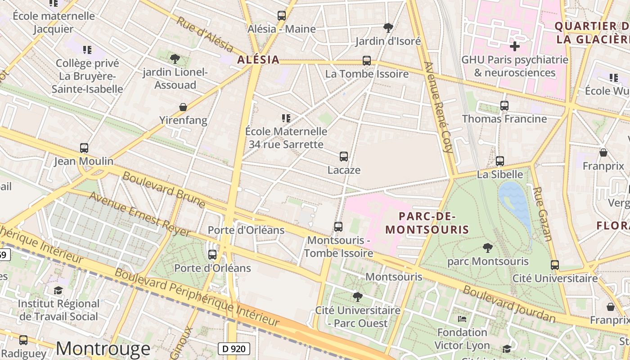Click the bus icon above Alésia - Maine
tap(282, 16)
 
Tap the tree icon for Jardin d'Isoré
tap(388, 28)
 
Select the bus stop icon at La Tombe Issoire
tap(367, 61)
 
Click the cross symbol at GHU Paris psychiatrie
tap(515, 46)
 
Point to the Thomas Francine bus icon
tap(504, 106)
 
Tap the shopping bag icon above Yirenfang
tap(183, 107)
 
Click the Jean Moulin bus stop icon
tap(84, 148)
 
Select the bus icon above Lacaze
tap(344, 157)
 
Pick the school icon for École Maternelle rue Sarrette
tap(286, 118)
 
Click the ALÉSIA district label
tap(258, 60)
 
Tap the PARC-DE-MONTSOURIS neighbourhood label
tap(427, 223)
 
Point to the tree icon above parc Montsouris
tap(487, 247)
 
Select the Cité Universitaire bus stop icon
tap(555, 265)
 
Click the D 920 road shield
tap(234, 348)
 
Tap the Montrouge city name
tap(103, 349)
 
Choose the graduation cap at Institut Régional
tap(58, 290)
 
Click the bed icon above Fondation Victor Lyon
tap(462, 319)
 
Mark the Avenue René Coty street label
tap(439, 108)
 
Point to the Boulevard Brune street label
tap(164, 189)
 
